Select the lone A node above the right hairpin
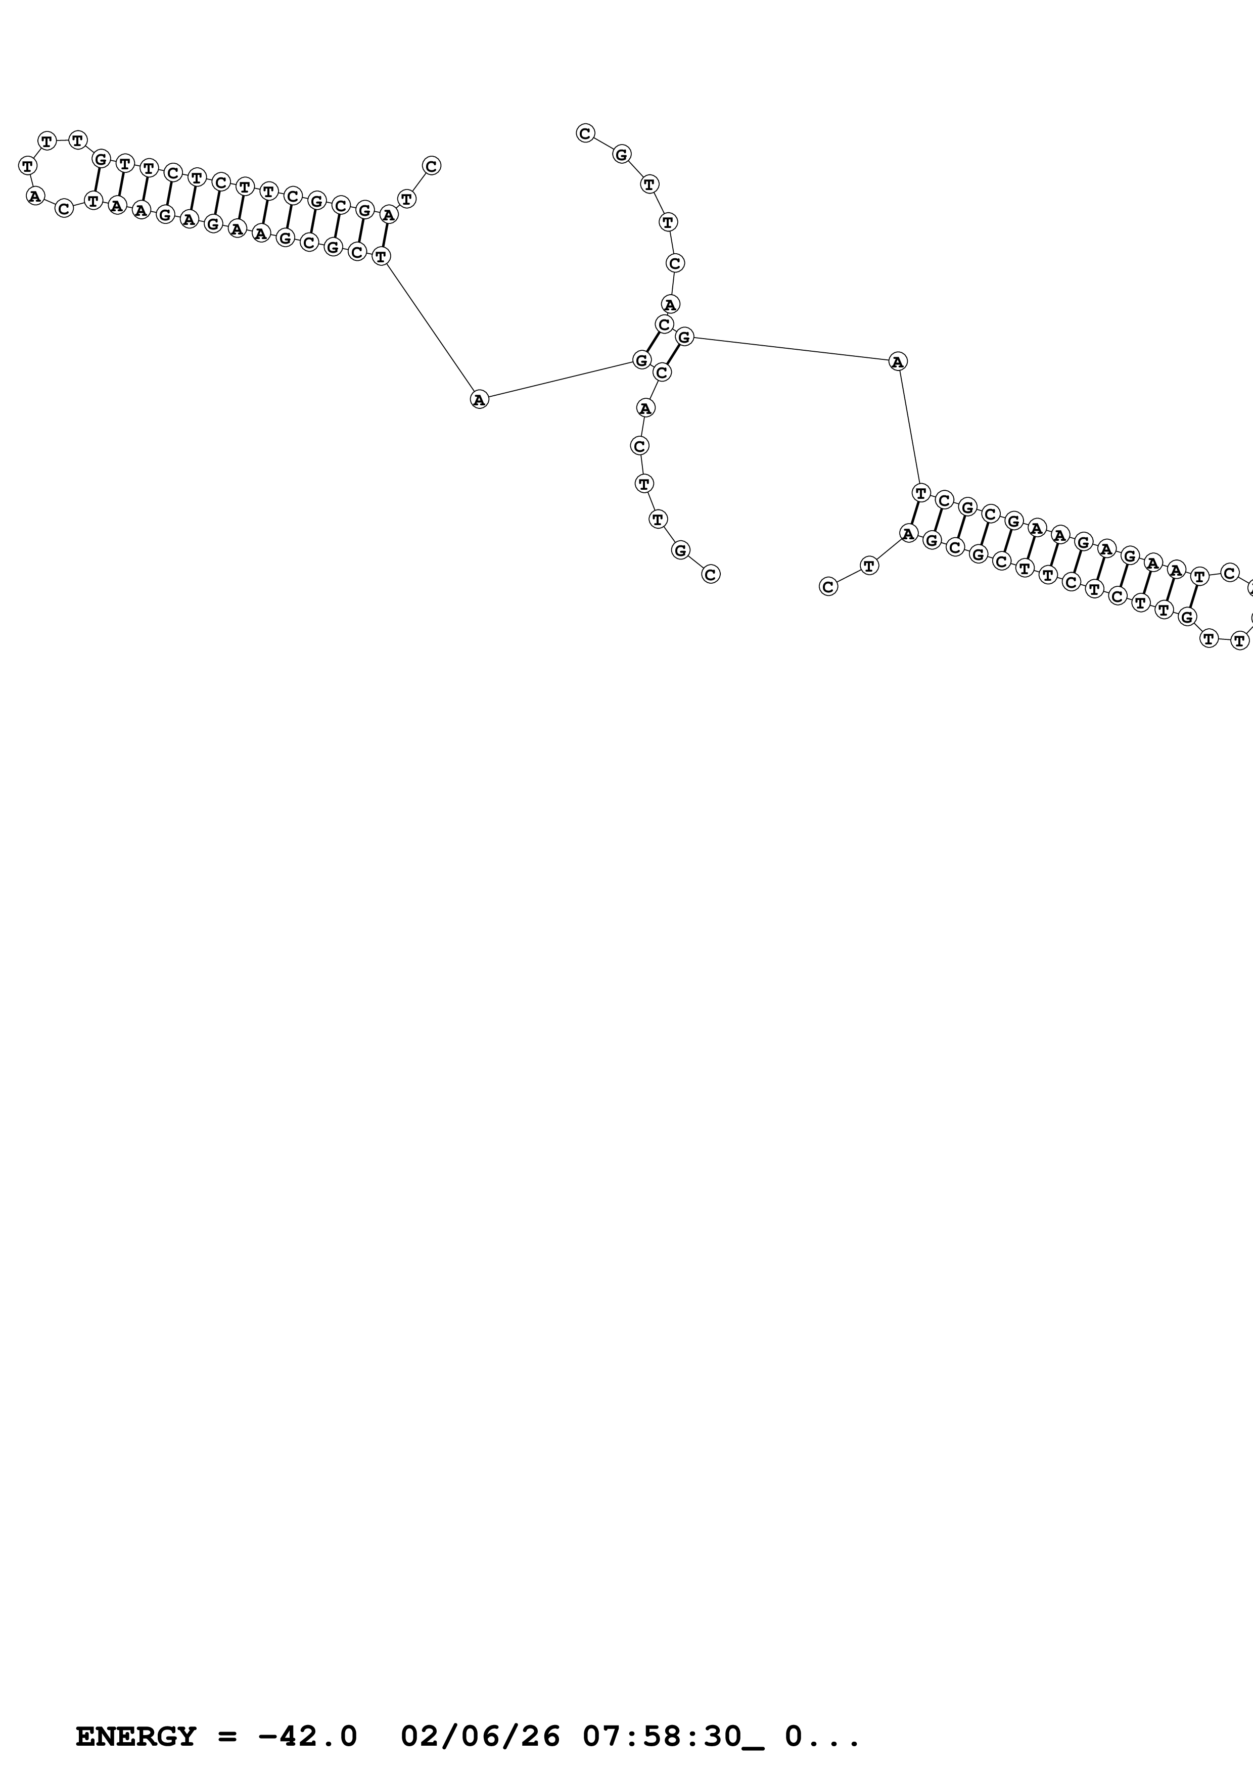(x=897, y=361)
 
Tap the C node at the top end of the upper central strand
(x=585, y=133)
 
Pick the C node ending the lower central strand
(x=710, y=574)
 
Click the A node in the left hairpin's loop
(x=35, y=196)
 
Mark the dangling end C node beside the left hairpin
(x=431, y=165)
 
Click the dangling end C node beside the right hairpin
(x=827, y=587)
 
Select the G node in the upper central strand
(x=622, y=155)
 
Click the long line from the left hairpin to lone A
(x=430, y=328)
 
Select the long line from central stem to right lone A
(x=791, y=348)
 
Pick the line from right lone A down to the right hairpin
(x=909, y=426)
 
